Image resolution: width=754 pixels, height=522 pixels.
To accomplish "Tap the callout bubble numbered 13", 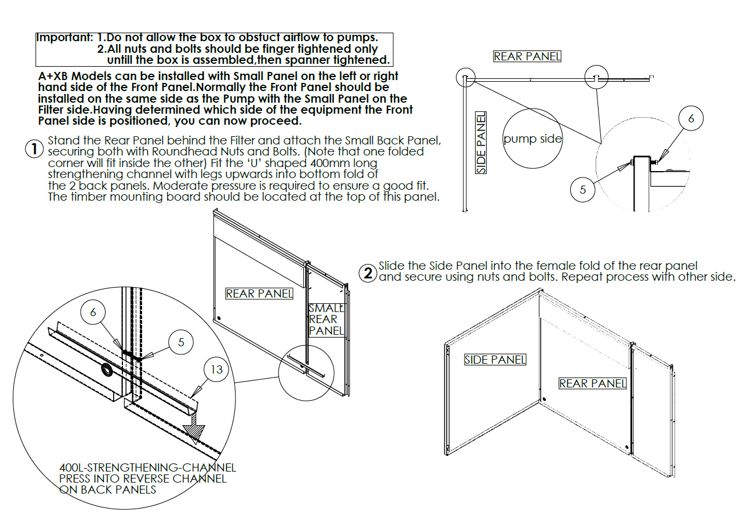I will tap(216, 369).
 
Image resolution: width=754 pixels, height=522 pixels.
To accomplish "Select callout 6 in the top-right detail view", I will tap(690, 119).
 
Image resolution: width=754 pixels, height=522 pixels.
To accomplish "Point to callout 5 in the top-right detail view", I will tap(583, 188).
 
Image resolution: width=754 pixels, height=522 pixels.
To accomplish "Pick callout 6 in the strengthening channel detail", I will tap(93, 312).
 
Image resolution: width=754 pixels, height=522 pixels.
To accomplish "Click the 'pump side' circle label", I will tap(532, 139).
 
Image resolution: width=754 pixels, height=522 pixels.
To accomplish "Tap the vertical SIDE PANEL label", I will tap(481, 143).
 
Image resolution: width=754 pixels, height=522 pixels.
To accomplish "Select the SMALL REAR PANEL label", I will tap(327, 320).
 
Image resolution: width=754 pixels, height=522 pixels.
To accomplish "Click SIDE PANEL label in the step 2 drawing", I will tap(495, 360).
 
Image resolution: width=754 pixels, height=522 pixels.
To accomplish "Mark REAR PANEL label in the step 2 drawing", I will tap(592, 383).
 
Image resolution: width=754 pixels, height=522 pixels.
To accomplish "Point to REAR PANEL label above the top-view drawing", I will tap(527, 56).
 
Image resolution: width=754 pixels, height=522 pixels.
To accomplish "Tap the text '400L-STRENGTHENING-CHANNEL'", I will tap(147, 467).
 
